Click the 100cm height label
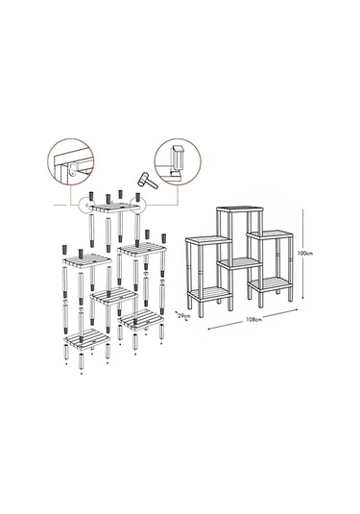pos(305,254)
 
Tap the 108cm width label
pos(253,319)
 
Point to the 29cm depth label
pos(183,316)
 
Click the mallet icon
pos(148,181)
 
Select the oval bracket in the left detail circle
pos(73,170)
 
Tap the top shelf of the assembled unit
pos(240,209)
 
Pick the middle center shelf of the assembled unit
pos(240,263)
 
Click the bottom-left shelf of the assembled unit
pos(209,294)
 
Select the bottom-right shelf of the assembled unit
pos(271,284)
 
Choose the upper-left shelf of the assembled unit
pos(208,240)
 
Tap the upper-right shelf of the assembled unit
pos(270,234)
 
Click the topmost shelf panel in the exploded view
pos(115,208)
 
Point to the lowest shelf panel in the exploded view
pos(87,338)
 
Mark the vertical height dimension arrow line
pos(303,254)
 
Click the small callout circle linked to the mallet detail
pos(137,204)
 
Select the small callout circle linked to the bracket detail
pos(87,205)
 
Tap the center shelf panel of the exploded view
pos(114,296)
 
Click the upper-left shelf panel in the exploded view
pos(86,260)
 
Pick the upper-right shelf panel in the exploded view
pos(142,249)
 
